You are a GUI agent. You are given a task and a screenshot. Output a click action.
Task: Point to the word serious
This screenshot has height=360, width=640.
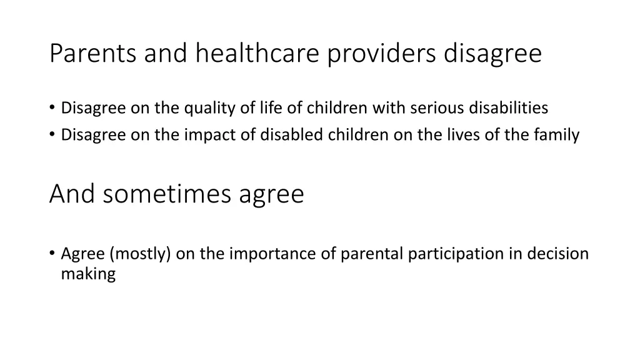(x=432, y=108)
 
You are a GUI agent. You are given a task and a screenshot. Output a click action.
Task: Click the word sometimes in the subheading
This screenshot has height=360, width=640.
(x=168, y=194)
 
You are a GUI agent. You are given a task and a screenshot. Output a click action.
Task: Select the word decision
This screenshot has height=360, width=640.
(x=557, y=254)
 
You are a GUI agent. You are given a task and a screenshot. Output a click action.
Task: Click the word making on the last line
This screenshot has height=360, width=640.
(x=88, y=274)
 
